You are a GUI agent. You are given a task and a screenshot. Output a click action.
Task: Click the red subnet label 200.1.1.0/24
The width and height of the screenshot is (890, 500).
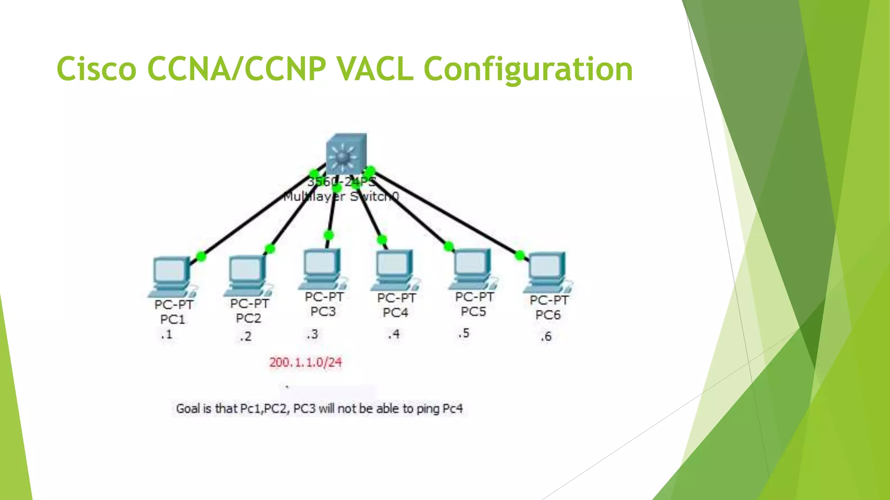point(306,362)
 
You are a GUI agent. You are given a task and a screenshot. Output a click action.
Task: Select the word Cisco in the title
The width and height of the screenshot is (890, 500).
point(96,69)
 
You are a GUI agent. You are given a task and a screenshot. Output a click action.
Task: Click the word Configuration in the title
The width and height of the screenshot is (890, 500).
point(528,70)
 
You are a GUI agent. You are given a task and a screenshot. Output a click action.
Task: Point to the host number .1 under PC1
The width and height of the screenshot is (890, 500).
point(166,335)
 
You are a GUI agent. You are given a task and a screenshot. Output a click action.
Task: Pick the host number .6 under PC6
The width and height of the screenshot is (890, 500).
point(546,336)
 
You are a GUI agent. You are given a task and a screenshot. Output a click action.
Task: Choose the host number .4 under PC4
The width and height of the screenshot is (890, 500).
point(393,334)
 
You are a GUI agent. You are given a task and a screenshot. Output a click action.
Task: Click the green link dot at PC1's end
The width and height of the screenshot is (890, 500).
point(201,256)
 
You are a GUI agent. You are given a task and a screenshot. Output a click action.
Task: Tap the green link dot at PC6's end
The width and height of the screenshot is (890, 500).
point(520,255)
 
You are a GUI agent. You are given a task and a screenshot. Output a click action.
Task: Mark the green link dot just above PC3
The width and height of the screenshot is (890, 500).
point(329,235)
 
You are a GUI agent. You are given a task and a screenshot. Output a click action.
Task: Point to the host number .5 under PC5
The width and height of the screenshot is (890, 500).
point(464,333)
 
